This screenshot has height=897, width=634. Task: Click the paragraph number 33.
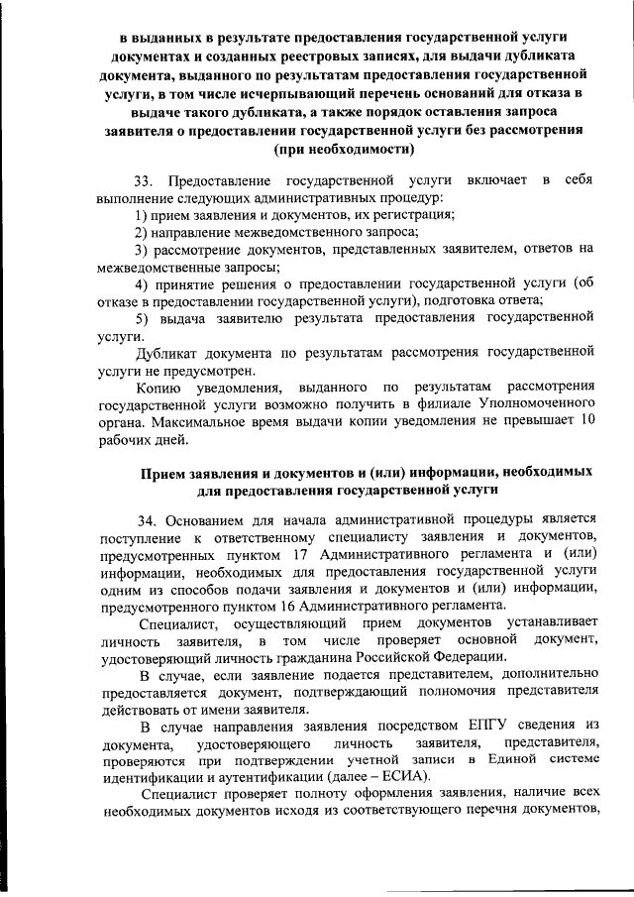pos(146,180)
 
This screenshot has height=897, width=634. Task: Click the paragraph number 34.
pos(147,518)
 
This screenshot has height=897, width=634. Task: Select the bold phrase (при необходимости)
pos(344,150)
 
